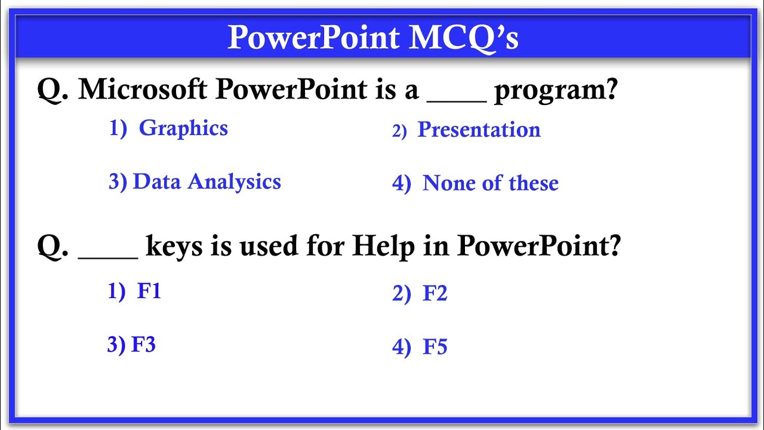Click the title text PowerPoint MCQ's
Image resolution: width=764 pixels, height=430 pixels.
coord(373,38)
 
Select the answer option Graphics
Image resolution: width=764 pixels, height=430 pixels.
coord(183,128)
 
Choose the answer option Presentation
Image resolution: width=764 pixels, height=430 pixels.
coord(479,130)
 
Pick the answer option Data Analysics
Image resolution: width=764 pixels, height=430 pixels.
coord(207,182)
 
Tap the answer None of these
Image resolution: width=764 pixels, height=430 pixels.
coord(490,183)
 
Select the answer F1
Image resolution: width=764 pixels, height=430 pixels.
coord(149,291)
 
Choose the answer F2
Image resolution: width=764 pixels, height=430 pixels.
coord(435,294)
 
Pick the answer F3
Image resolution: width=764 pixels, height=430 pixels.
coord(143,345)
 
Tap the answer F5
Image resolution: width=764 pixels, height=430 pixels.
coord(435,347)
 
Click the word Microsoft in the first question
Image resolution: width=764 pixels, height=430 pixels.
coord(143,90)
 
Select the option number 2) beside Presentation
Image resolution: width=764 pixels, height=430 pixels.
coord(399,131)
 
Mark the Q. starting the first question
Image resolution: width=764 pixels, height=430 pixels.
coord(55,90)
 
